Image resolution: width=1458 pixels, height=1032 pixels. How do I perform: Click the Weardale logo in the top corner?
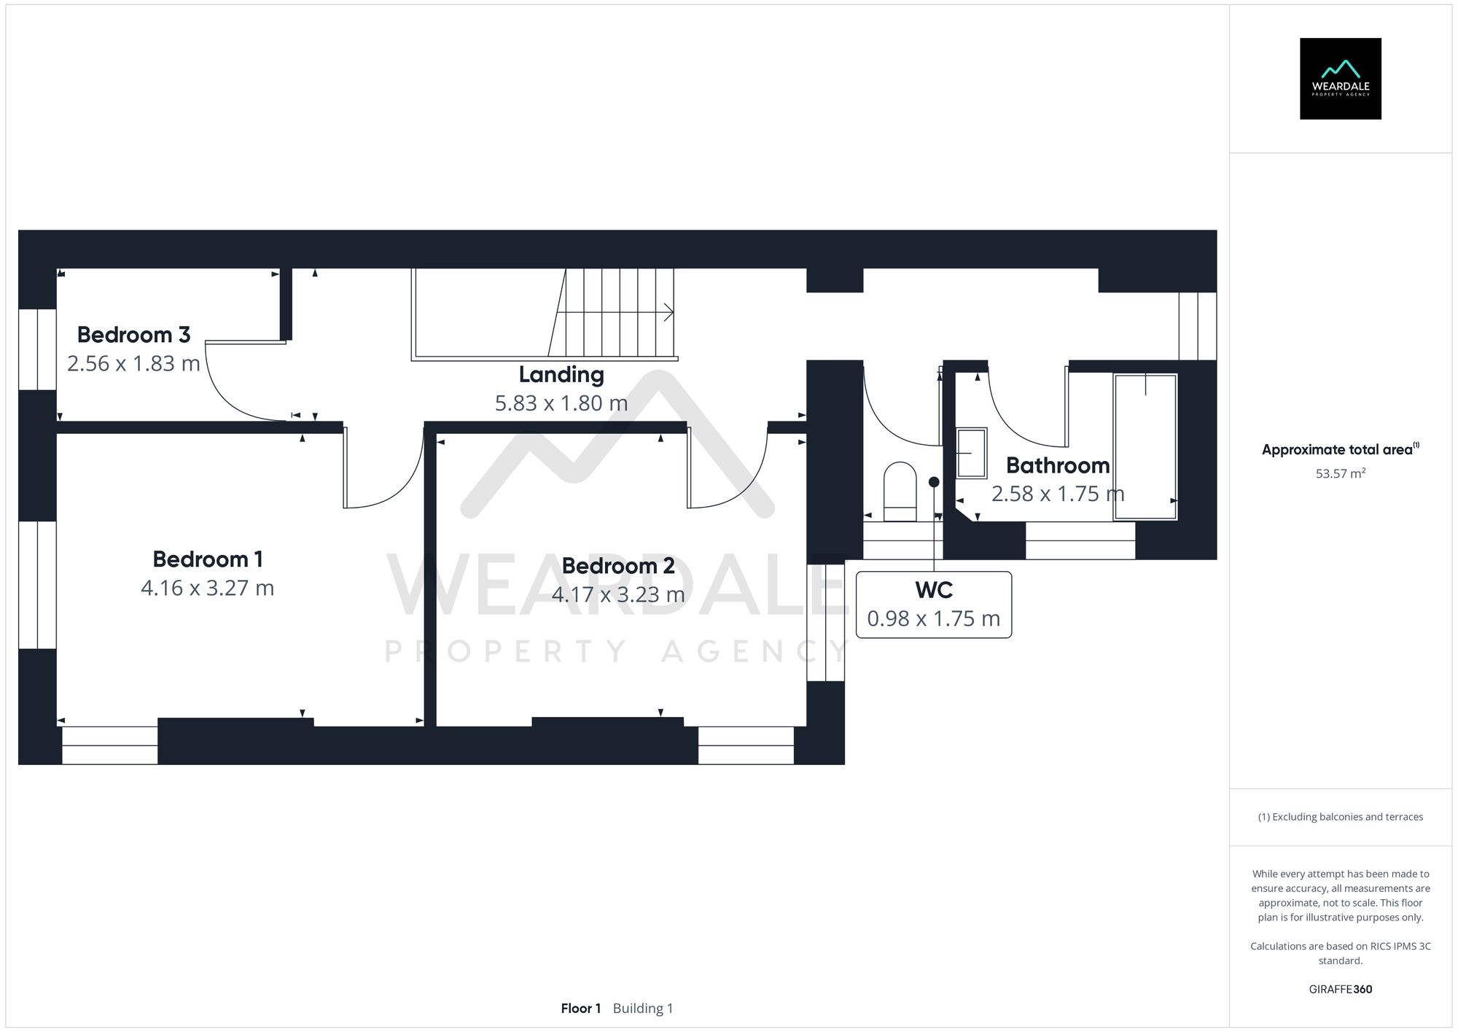pos(1340,79)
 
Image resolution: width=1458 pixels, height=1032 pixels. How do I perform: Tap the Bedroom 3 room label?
pos(133,335)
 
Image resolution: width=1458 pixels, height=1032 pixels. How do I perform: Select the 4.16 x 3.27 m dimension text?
pos(207,588)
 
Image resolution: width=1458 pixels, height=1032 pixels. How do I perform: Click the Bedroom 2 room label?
pos(617,566)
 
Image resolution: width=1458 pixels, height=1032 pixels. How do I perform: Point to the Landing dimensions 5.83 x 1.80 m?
pos(561,403)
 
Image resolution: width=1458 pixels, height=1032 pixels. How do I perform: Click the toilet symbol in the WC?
pos(900,492)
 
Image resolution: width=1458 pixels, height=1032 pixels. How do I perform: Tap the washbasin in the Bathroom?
pos(971,453)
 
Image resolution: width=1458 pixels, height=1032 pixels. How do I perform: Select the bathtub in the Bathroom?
pos(1145,446)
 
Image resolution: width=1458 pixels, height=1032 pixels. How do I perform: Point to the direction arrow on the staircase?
pos(667,313)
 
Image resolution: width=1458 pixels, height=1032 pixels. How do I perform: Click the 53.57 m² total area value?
pos(1340,473)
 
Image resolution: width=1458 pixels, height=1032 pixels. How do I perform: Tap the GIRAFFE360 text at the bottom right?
pos(1340,989)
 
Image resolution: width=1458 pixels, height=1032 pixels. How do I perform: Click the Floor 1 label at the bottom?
pos(580,1008)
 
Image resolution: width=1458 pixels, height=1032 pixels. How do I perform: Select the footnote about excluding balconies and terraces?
pos(1340,817)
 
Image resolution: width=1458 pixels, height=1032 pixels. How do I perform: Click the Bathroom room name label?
pos(1057,465)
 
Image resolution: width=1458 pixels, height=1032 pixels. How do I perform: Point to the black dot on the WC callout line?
pos(934,482)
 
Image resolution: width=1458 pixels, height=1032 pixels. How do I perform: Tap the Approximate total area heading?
pos(1338,449)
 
